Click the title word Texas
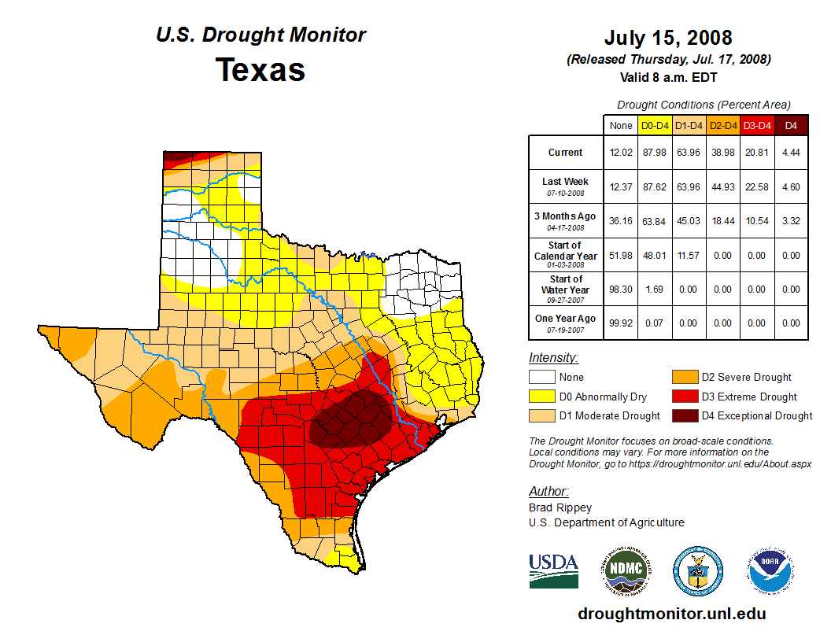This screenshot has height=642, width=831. [260, 70]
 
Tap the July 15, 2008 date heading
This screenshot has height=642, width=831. [668, 38]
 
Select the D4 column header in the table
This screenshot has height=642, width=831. [791, 125]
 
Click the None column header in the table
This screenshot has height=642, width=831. [620, 125]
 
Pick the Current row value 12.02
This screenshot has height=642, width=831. [620, 153]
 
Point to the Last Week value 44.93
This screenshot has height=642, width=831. [722, 186]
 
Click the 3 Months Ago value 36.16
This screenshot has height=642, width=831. [620, 221]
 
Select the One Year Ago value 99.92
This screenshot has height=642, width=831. [620, 323]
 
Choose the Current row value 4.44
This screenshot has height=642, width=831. [791, 153]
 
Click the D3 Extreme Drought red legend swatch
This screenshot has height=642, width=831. [683, 397]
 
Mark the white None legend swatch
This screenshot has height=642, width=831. [541, 378]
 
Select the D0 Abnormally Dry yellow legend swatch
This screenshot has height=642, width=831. [541, 397]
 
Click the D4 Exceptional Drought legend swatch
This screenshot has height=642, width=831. [683, 415]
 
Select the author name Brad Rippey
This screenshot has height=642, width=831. [560, 507]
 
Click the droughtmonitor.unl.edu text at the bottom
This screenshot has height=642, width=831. [671, 614]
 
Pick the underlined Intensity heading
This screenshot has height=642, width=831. [553, 358]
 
